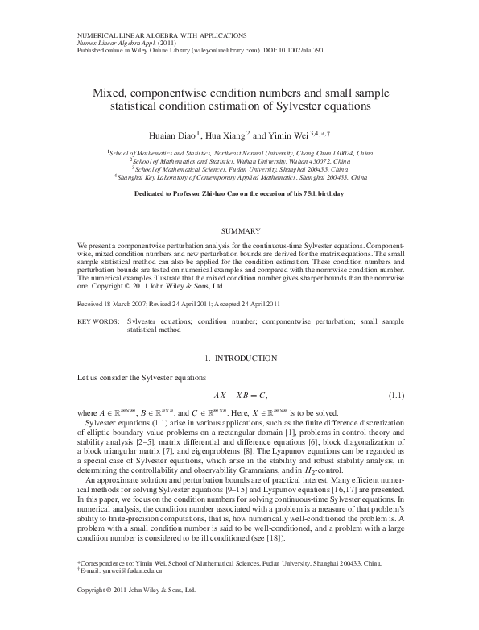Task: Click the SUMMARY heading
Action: [239, 231]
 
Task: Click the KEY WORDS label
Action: [97, 321]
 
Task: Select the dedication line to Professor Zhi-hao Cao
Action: [239, 194]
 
